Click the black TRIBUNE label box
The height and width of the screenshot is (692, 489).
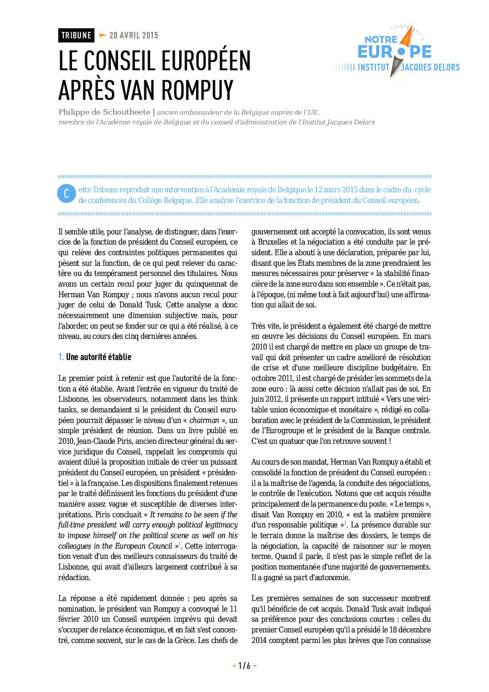(x=76, y=36)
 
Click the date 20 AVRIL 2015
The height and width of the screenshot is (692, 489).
(x=134, y=36)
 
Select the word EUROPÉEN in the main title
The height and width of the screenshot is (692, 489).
(x=199, y=61)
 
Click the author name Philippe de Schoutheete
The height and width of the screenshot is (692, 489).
(x=104, y=112)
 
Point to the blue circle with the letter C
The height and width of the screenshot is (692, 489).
(x=66, y=194)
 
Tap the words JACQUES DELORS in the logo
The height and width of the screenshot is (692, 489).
(x=430, y=67)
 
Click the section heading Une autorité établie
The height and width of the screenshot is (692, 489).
(x=98, y=357)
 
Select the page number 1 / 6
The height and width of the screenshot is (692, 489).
(x=244, y=666)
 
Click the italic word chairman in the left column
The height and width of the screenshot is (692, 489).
(x=204, y=420)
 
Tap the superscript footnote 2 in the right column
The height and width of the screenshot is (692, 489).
(x=345, y=523)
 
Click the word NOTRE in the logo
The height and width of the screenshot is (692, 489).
(x=381, y=40)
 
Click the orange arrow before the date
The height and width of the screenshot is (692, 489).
(x=103, y=35)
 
